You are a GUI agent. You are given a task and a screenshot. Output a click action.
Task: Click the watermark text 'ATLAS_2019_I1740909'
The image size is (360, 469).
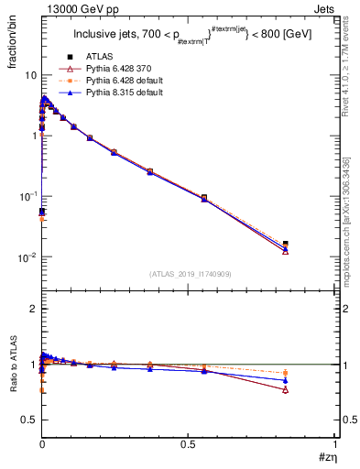[188, 274]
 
